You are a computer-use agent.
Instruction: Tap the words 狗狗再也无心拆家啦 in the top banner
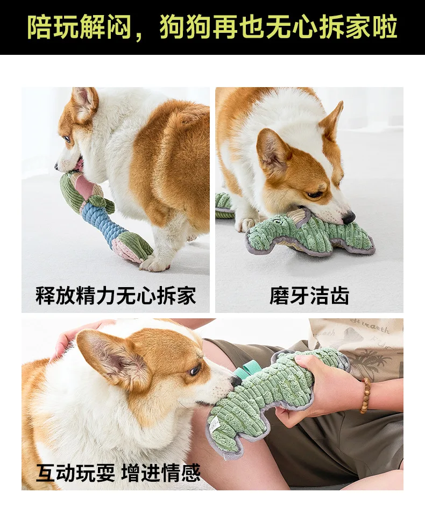click(278, 27)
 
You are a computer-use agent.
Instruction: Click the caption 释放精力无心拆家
click(116, 295)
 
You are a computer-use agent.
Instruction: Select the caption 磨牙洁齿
click(309, 295)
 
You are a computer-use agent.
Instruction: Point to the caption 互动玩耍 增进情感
click(118, 472)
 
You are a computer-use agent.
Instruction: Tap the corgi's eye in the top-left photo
click(68, 139)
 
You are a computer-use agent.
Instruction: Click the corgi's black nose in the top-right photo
click(349, 218)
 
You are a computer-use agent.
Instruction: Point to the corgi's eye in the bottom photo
click(195, 369)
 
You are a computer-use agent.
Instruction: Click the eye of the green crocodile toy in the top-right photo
click(277, 219)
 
